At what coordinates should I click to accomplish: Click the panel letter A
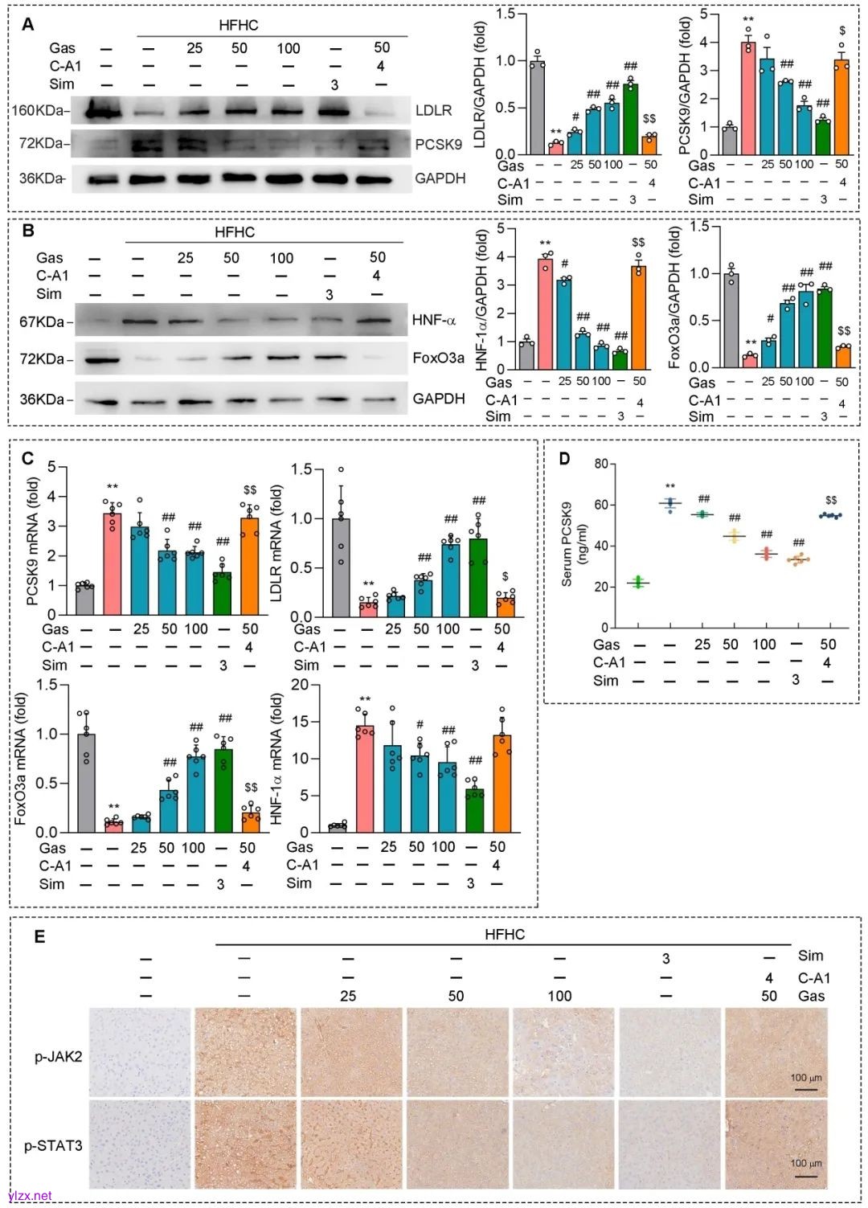click(28, 24)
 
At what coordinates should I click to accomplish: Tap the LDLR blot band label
click(433, 110)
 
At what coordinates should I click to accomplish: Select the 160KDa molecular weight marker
click(39, 110)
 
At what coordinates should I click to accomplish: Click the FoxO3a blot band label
click(438, 358)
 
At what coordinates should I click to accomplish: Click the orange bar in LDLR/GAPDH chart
click(649, 144)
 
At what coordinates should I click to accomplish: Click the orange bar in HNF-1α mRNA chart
click(502, 784)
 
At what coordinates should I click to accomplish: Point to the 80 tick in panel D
click(601, 464)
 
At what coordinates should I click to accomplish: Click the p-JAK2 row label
click(58, 1056)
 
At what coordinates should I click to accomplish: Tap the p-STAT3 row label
click(53, 1145)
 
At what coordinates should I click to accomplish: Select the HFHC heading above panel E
click(505, 934)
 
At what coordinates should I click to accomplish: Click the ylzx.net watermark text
click(30, 1196)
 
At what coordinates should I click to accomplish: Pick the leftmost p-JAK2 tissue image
click(140, 1052)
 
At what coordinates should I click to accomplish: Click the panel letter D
click(565, 458)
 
